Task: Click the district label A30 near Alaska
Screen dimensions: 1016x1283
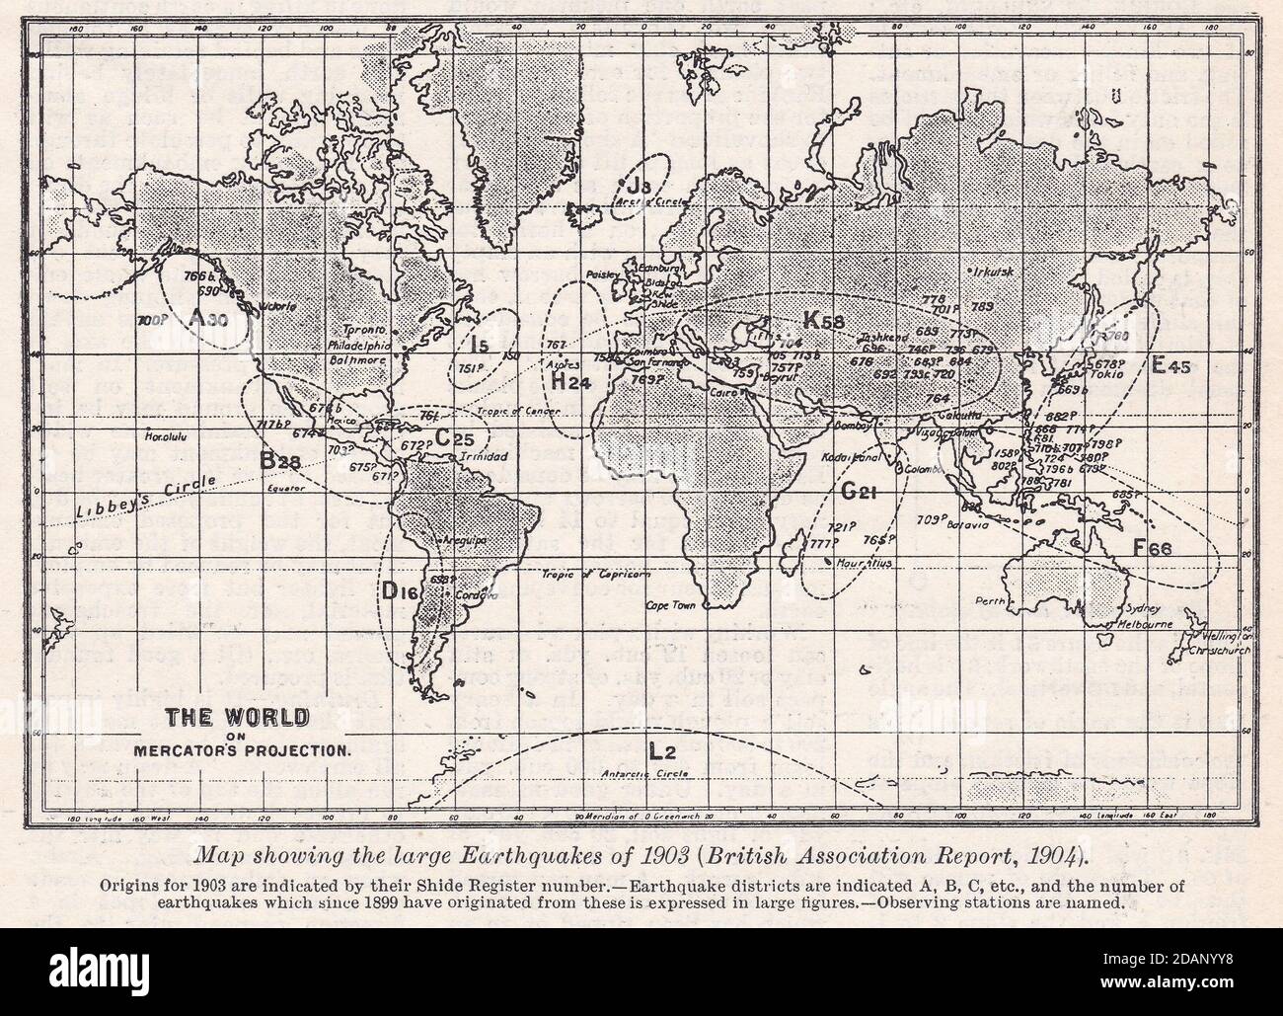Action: click(207, 320)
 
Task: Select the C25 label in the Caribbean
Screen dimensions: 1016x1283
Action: click(456, 434)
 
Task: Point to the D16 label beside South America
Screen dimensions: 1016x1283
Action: click(402, 590)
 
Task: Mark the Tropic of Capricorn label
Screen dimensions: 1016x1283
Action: click(582, 575)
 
